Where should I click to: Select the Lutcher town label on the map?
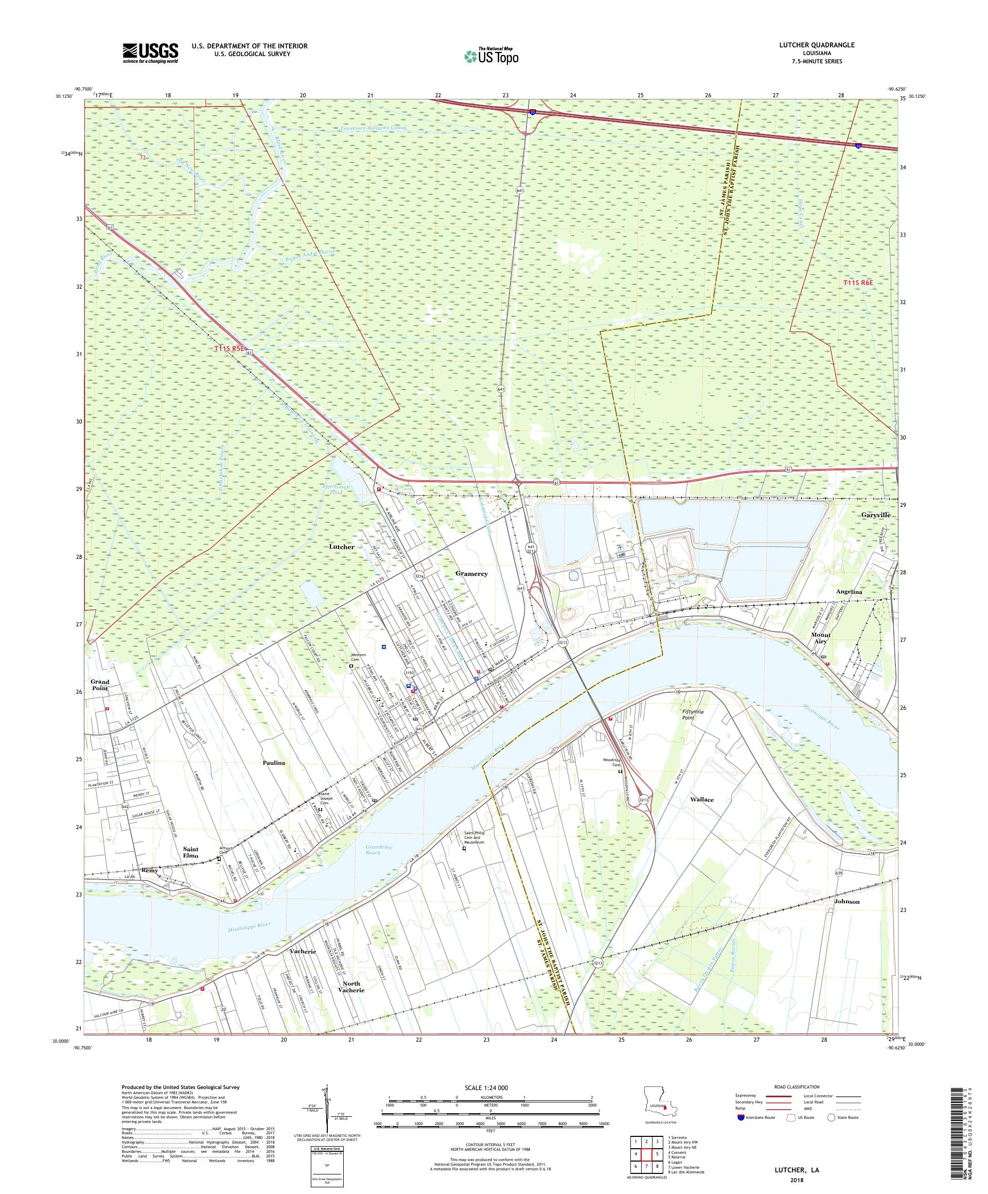(342, 547)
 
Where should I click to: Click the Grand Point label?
(100, 684)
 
